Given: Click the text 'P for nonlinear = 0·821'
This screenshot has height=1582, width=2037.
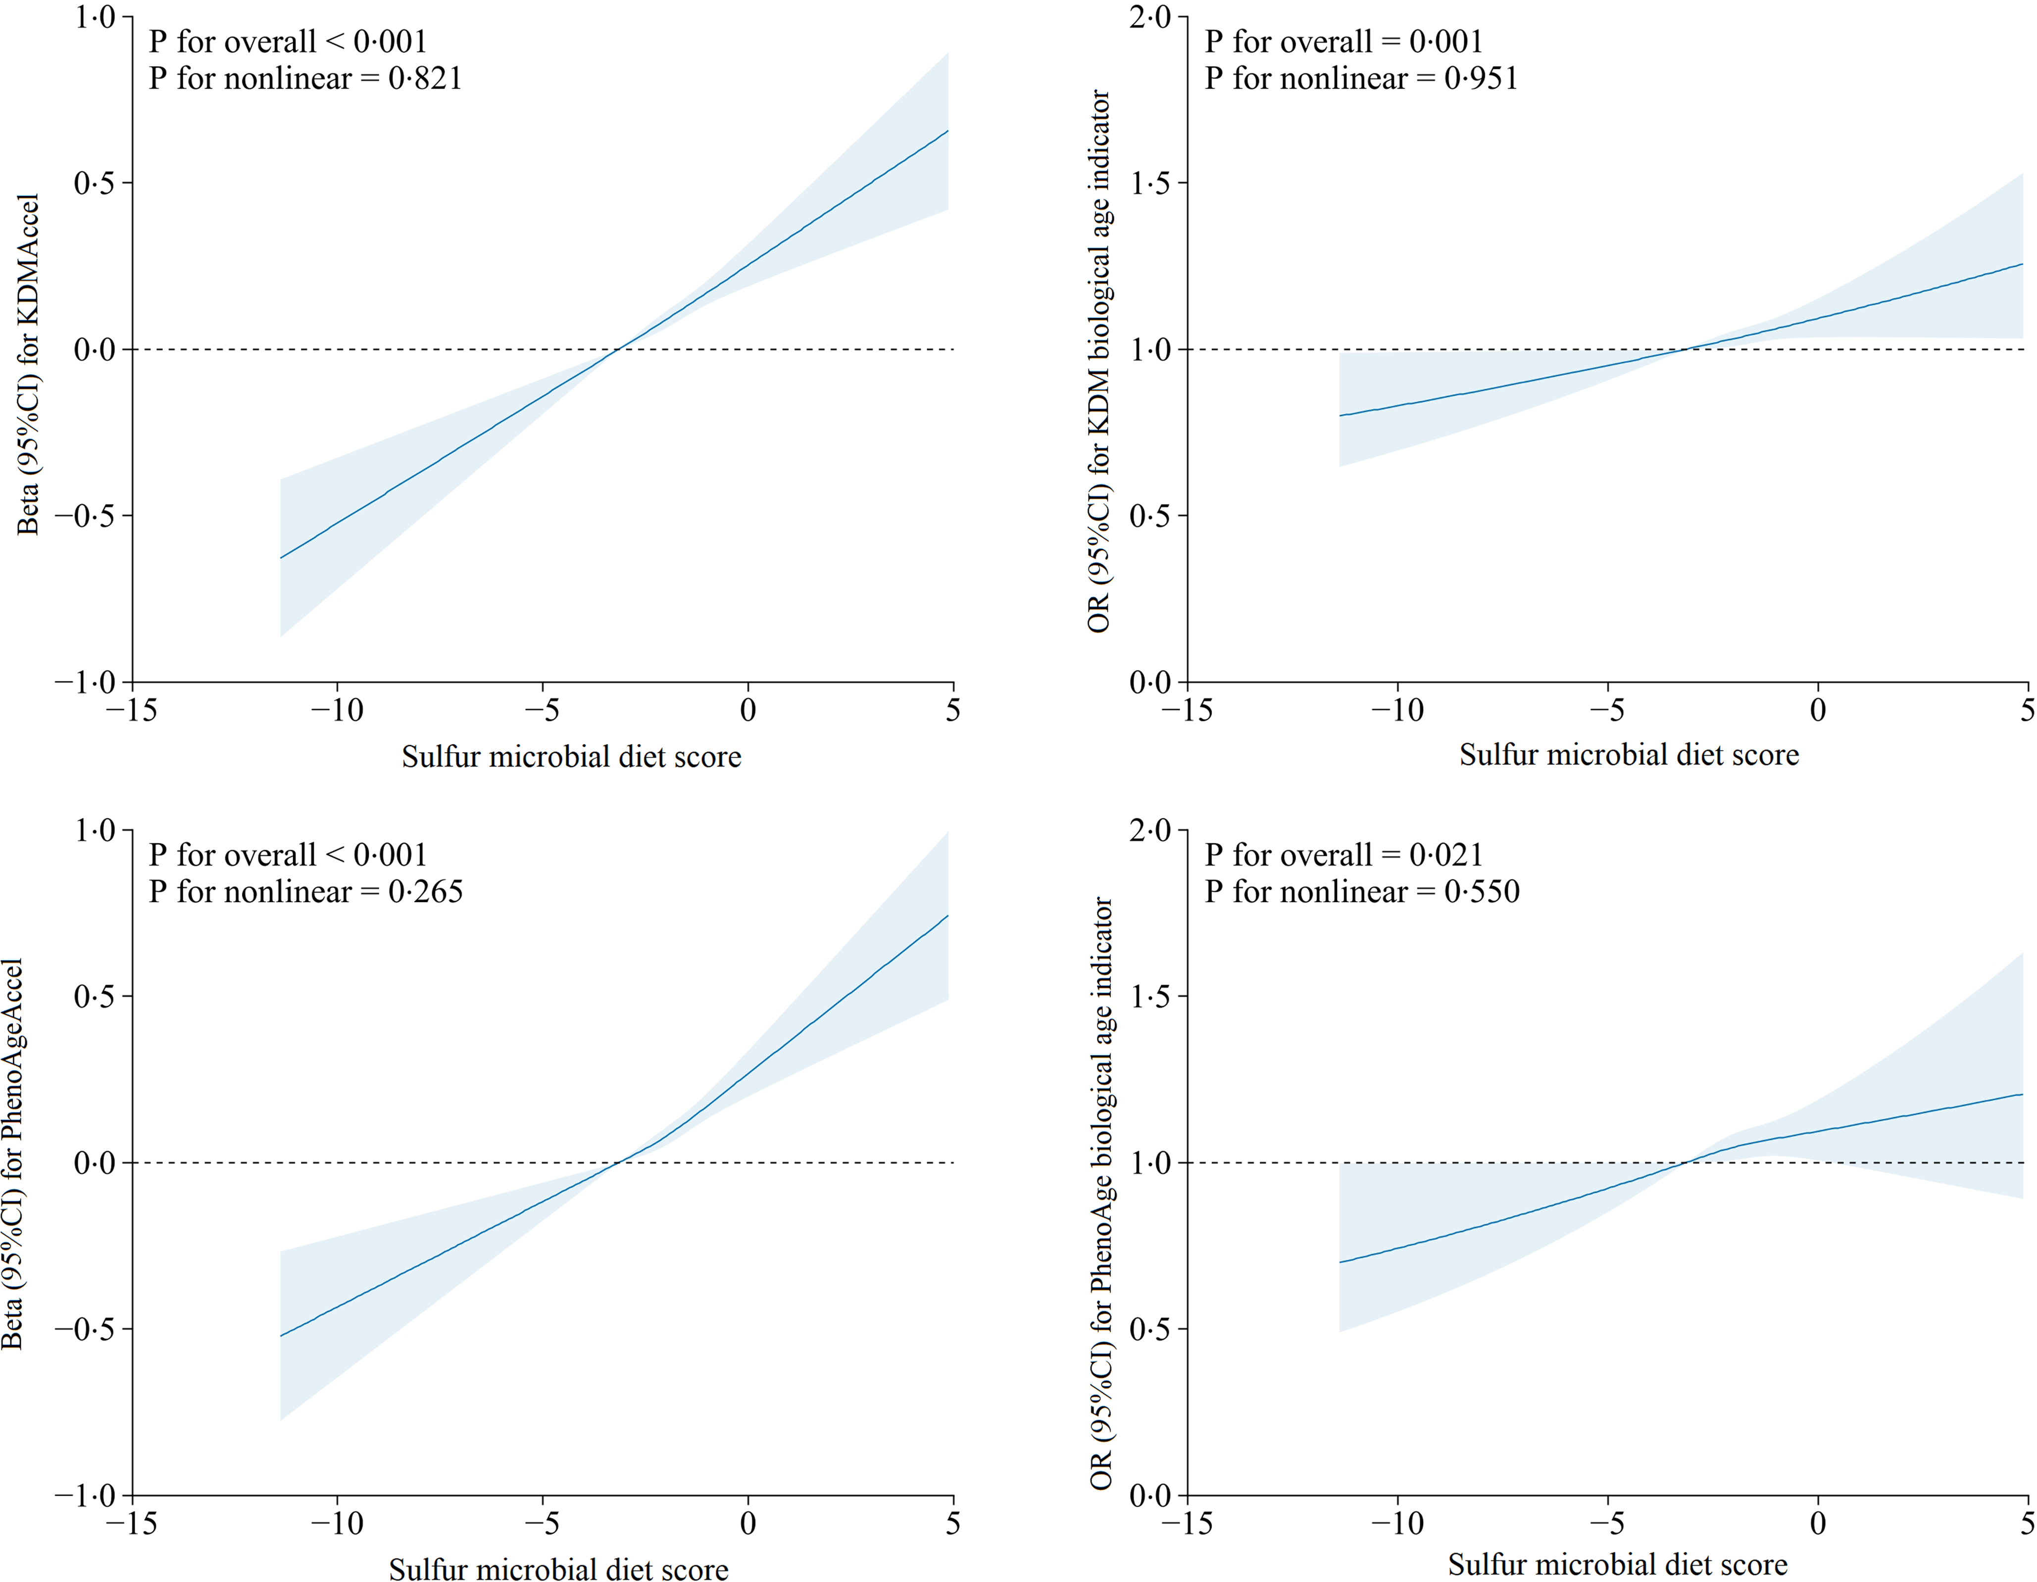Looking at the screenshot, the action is click(305, 78).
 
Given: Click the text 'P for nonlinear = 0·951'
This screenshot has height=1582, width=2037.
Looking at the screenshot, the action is click(1361, 78).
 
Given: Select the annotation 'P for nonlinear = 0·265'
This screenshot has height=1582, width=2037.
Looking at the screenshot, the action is click(305, 892).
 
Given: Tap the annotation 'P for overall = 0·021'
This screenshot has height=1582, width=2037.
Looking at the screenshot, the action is click(1343, 855).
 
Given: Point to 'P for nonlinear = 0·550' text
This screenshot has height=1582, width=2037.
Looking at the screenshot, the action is click(1362, 892).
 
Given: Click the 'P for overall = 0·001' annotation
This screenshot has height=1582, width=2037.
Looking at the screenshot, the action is click(1343, 42).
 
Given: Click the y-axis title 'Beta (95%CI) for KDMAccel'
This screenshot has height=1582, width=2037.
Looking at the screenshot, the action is click(28, 365).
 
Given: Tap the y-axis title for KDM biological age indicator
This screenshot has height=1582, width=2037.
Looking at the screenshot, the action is click(1099, 362).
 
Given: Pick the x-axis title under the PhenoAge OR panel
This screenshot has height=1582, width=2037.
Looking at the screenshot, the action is click(1617, 1564).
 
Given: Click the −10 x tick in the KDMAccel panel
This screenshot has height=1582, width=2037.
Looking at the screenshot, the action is click(338, 711).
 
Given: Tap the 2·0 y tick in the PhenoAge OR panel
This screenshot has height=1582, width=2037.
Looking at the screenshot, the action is click(1150, 830).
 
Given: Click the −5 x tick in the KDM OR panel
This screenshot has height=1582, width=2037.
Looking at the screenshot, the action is click(1607, 711).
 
